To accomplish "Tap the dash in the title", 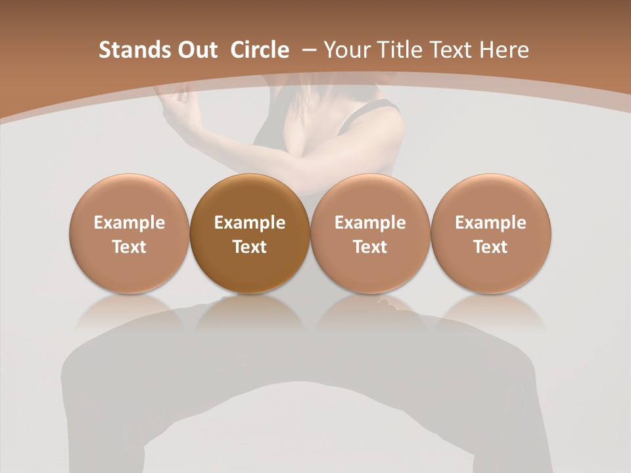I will [x=309, y=50].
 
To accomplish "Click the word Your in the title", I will [x=346, y=50].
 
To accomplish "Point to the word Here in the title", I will [x=503, y=50].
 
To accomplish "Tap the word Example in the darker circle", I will [x=250, y=223].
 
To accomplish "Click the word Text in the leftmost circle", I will [x=129, y=247].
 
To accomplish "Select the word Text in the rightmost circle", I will [x=491, y=247].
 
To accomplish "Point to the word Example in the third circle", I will [x=370, y=223].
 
